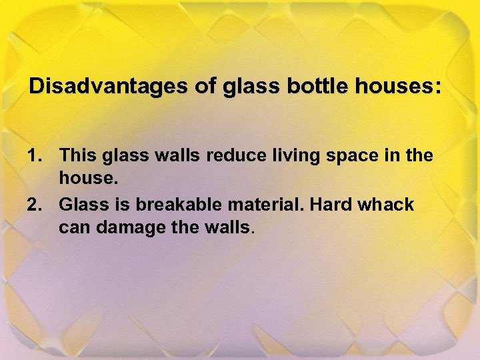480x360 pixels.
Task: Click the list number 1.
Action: [x=33, y=156]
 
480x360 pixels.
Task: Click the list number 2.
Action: [x=33, y=205]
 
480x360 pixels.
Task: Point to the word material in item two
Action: [x=266, y=205]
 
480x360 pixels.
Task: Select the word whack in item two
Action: [x=386, y=205]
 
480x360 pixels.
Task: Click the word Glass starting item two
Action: [x=83, y=205]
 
